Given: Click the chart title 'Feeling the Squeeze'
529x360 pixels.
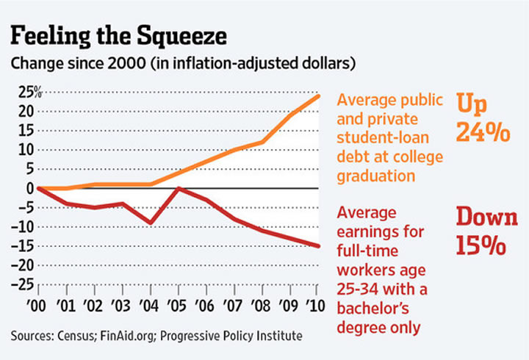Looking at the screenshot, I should [x=116, y=35].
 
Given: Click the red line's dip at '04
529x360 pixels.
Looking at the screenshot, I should [x=151, y=223].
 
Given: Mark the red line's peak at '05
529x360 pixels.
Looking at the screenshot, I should [x=179, y=189].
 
